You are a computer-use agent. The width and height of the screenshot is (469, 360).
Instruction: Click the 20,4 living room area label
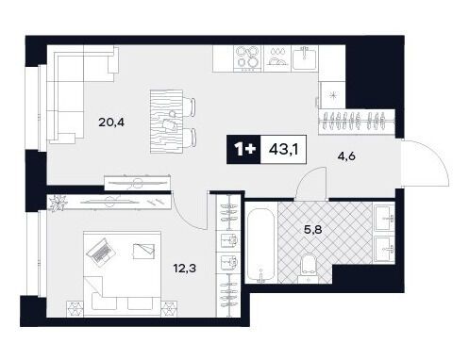(111, 123)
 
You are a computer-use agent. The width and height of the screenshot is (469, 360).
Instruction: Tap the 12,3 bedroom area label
(185, 269)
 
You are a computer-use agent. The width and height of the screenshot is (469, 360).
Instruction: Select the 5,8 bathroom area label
(312, 230)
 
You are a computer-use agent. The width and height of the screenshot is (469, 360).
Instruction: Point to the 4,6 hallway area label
(346, 155)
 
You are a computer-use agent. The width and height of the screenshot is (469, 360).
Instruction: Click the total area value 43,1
(283, 150)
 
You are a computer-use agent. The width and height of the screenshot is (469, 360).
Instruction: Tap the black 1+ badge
(243, 150)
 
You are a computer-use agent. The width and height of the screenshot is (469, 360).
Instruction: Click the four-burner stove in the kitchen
(248, 58)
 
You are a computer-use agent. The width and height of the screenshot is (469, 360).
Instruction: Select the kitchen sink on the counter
(305, 57)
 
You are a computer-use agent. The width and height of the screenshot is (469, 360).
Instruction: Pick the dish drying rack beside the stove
(277, 57)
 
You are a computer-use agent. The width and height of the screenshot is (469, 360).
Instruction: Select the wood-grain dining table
(166, 122)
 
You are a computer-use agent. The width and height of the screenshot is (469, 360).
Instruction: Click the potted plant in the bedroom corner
(59, 203)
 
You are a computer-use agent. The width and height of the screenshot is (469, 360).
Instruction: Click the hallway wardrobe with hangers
(357, 122)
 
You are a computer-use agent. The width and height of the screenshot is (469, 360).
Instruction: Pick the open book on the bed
(143, 251)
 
